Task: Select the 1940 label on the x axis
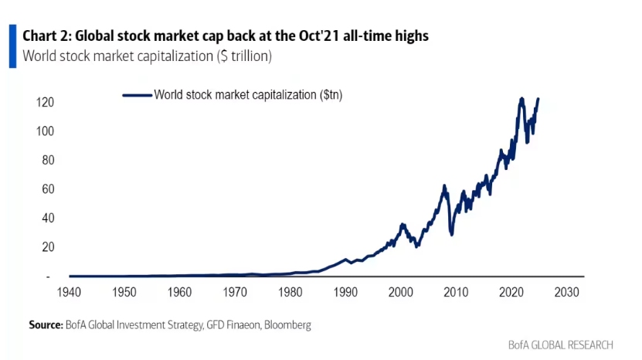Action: click(x=69, y=293)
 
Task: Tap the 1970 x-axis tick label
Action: click(x=236, y=293)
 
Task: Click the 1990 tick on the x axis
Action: click(x=347, y=293)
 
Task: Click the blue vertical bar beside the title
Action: click(x=12, y=46)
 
